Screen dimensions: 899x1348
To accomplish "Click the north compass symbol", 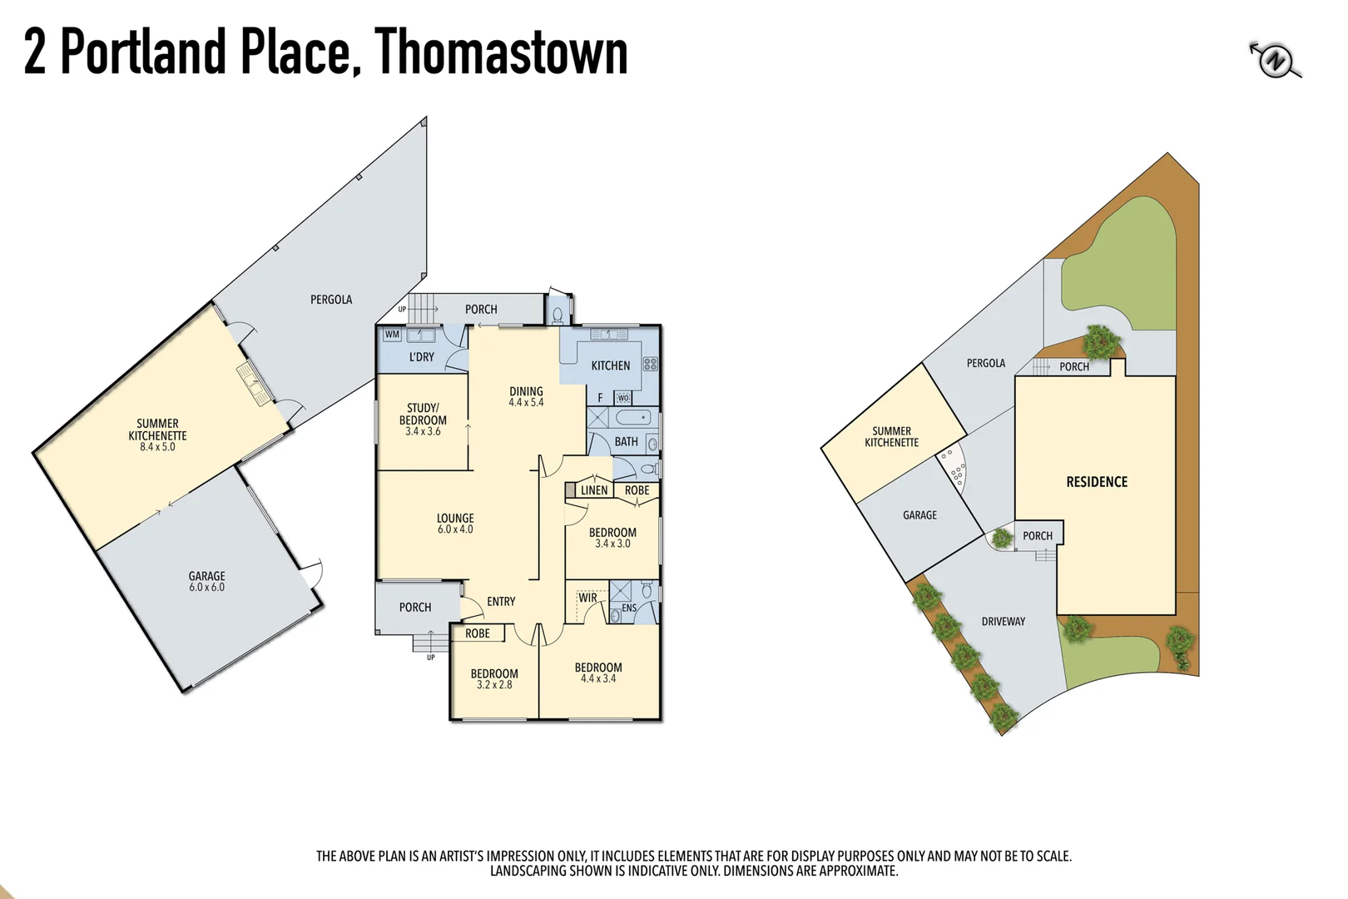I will [1275, 61].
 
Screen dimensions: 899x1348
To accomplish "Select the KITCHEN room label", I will [610, 365].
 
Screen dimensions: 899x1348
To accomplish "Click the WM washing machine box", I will [392, 335].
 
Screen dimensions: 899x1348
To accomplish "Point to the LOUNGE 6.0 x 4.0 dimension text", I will [455, 529].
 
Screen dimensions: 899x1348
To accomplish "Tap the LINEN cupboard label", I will [593, 490].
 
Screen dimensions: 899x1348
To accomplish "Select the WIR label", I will [587, 598].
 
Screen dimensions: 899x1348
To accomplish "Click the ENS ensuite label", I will [629, 608].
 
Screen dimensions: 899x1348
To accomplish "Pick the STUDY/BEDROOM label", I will [423, 414].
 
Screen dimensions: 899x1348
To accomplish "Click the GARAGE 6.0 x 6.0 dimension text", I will [206, 587].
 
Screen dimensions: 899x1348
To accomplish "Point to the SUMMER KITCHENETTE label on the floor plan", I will [157, 430].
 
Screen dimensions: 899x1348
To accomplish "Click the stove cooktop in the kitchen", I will [650, 364].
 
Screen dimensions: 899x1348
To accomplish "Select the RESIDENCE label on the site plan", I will [1097, 482].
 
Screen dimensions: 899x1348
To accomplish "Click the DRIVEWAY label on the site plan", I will [1003, 622].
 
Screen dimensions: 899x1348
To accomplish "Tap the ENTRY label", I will [501, 602].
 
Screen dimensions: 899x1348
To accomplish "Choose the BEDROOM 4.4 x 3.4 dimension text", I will [598, 678].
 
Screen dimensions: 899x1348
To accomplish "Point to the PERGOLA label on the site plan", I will [985, 363].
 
